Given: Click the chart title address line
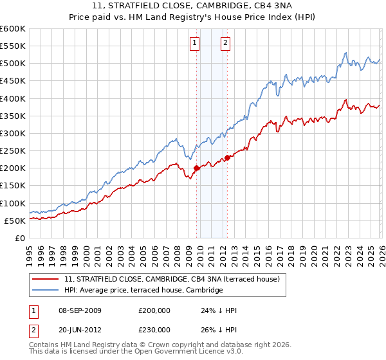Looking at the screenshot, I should (x=193, y=6).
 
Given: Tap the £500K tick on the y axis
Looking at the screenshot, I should (x=13, y=64).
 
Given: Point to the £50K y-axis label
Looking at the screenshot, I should (x=15, y=221).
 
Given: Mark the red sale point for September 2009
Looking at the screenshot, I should (x=196, y=168).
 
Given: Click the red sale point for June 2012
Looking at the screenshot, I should (x=228, y=158).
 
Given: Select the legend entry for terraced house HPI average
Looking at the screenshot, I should (x=143, y=291).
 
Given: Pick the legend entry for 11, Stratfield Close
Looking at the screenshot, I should (x=172, y=280).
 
